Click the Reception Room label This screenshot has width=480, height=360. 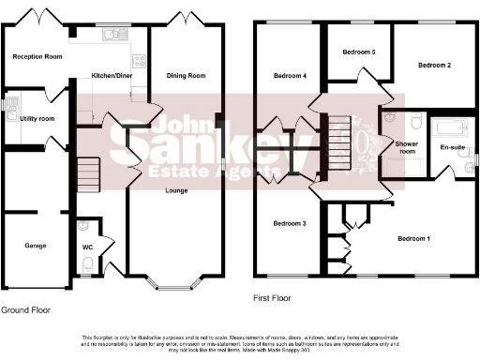point(37,57)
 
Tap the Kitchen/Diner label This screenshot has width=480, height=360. point(111,74)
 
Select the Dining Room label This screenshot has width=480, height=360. point(186,76)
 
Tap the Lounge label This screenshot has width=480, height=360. point(176,190)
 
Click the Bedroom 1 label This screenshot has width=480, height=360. point(414,238)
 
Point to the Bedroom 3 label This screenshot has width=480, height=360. point(290,223)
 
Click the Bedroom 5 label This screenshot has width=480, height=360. point(359,52)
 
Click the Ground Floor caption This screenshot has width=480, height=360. point(25,309)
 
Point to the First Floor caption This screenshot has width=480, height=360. point(273,298)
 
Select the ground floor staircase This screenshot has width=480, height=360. point(88,172)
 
